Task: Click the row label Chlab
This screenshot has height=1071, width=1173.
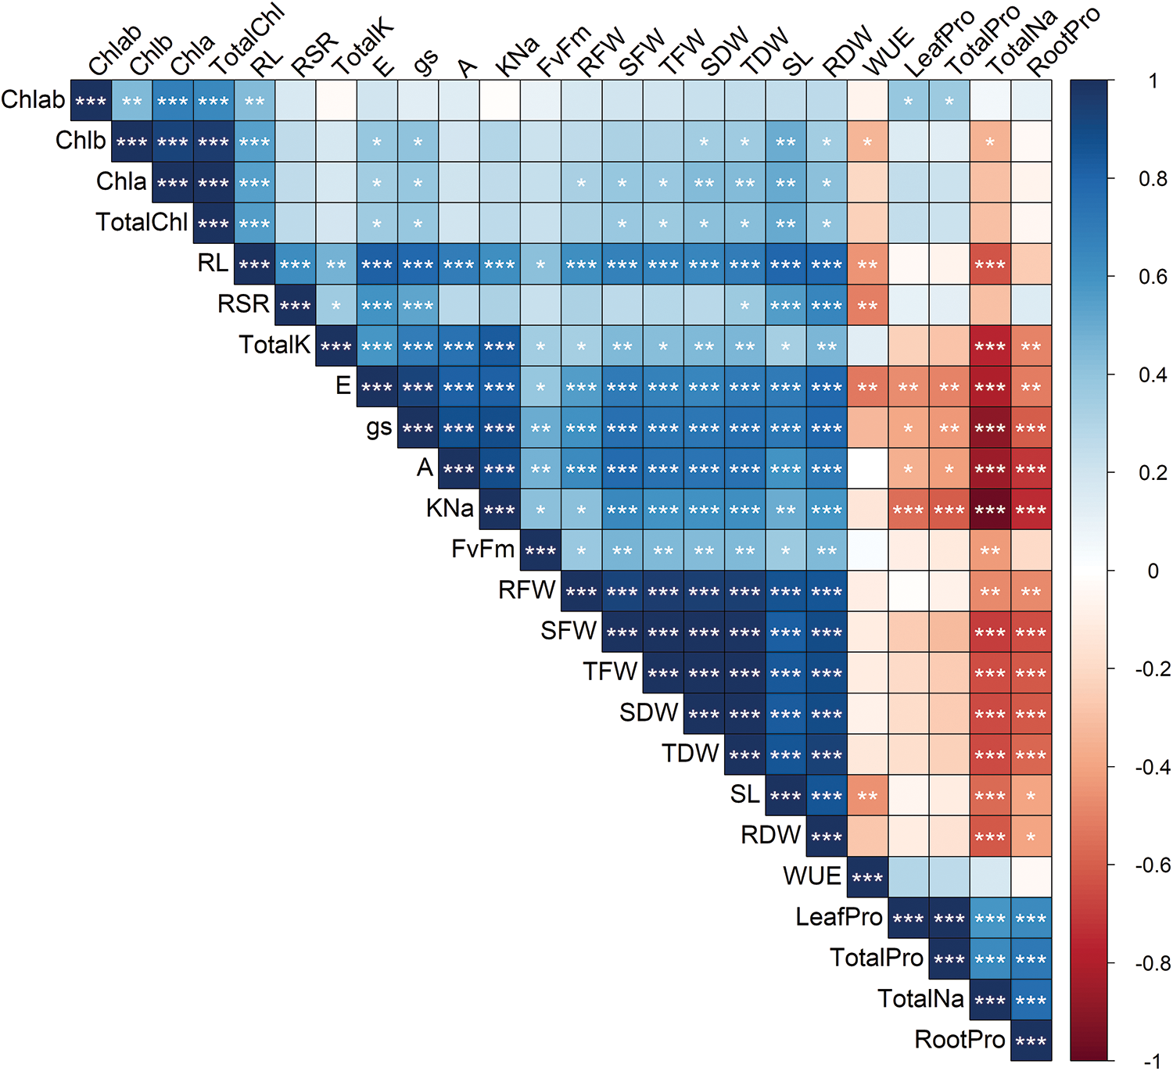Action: [x=34, y=100]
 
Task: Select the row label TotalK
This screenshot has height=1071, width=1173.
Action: [x=274, y=345]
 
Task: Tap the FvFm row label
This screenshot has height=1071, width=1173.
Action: [x=482, y=549]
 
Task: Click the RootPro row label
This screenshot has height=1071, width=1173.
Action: [x=960, y=1040]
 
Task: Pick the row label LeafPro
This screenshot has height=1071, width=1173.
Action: [x=838, y=917]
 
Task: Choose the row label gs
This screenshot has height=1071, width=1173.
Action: [x=379, y=428]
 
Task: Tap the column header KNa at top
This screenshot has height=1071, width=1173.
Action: [x=517, y=56]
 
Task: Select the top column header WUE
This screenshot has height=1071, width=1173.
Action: [x=887, y=52]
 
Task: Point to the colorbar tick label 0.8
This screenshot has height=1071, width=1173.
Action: [x=1152, y=179]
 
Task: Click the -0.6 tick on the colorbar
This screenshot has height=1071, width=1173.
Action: [x=1151, y=865]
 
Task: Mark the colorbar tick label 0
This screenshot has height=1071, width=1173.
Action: [x=1153, y=571]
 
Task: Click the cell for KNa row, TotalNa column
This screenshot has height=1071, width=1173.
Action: [x=990, y=510]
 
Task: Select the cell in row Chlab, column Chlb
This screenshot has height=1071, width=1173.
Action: [x=132, y=101]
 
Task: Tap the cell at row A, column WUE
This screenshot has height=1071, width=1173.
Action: [x=867, y=469]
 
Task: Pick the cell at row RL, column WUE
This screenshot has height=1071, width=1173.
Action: [x=867, y=264]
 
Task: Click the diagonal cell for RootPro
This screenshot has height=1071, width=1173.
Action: [x=1031, y=1041]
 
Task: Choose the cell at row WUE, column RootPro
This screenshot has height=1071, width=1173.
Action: [x=1031, y=877]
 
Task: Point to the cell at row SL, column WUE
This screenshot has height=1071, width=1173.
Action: [x=867, y=796]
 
